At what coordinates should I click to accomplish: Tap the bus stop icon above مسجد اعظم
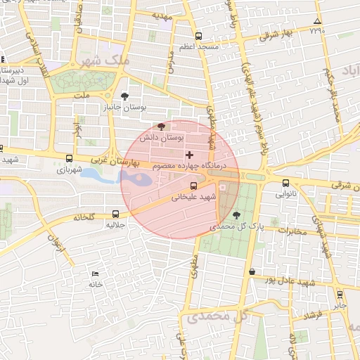199,36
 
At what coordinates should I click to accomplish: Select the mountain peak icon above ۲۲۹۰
317,22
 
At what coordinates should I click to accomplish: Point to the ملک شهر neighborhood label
105,60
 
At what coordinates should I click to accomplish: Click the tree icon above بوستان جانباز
124,96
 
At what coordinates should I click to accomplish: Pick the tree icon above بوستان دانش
162,127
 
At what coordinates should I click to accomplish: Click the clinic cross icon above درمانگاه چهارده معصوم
188,154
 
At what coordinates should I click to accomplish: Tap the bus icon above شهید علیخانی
194,186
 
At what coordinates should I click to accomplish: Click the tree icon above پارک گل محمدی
235,215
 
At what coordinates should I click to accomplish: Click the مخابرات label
294,230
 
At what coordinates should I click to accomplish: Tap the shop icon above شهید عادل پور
252,271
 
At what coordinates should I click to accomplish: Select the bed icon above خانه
95,274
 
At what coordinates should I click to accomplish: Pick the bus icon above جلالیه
115,214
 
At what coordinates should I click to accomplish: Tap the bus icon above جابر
340,295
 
